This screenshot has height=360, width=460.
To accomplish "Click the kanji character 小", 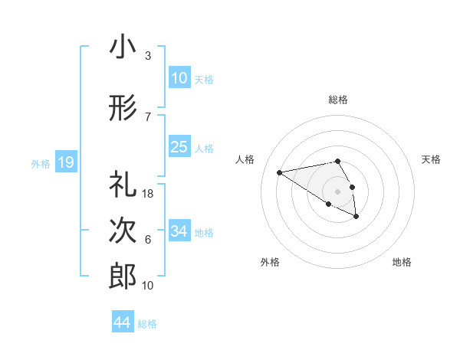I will (122, 47).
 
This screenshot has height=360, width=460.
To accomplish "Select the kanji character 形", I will (122, 109).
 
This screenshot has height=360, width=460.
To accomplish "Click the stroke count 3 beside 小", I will (147, 56).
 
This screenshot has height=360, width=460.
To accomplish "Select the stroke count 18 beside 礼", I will (149, 194).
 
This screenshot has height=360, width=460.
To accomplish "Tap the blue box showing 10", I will (179, 78).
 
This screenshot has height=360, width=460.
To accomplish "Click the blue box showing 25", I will (179, 147).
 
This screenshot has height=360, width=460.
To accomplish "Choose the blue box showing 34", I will (179, 231).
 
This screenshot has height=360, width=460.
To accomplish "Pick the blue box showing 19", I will (65, 162).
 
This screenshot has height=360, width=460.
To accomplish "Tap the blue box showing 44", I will (122, 322).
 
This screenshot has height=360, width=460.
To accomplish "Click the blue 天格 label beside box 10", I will (204, 79).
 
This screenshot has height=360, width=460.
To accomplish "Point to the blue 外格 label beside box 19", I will (41, 163).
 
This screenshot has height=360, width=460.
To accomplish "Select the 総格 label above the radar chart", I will (338, 100).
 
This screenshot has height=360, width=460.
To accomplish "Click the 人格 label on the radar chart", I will (245, 159).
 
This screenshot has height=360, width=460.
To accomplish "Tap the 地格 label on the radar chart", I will (402, 262).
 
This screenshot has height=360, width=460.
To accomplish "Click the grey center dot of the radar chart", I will (337, 191).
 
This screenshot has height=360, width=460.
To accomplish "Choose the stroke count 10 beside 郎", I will (149, 286).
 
